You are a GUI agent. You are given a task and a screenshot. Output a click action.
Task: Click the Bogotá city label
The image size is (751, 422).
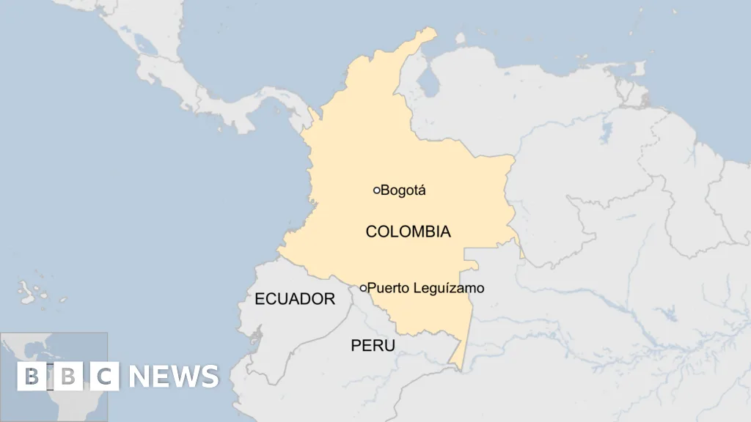403,190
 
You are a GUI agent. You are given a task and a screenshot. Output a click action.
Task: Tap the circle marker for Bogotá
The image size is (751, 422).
377,190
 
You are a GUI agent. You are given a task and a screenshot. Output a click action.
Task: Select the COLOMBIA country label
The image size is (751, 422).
408,232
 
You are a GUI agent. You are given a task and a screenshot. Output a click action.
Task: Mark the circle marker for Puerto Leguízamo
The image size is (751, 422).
363,289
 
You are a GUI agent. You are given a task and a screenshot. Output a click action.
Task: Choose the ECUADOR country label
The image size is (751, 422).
295,299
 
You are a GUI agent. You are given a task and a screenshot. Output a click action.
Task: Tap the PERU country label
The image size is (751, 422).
373,346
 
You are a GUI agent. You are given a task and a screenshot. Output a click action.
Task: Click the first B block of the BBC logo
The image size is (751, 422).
32,377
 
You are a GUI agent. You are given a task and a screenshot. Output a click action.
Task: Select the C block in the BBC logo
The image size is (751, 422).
105,377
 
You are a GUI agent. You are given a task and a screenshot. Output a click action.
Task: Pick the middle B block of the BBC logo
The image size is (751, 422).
68,377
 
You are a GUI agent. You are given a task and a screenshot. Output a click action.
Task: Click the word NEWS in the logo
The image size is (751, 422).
174,377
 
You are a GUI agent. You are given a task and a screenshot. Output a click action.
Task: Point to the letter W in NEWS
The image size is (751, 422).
184,377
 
